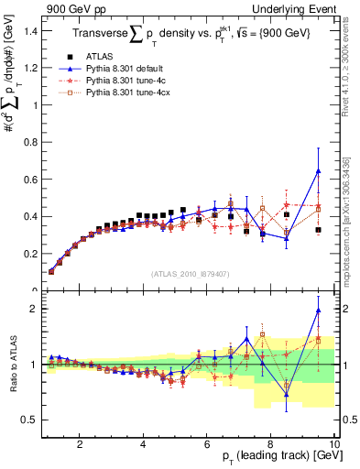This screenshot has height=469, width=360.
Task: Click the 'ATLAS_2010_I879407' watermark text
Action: pos(190,274)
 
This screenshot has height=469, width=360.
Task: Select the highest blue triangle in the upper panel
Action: pos(318,171)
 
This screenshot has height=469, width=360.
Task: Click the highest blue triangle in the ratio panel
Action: pos(318,311)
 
